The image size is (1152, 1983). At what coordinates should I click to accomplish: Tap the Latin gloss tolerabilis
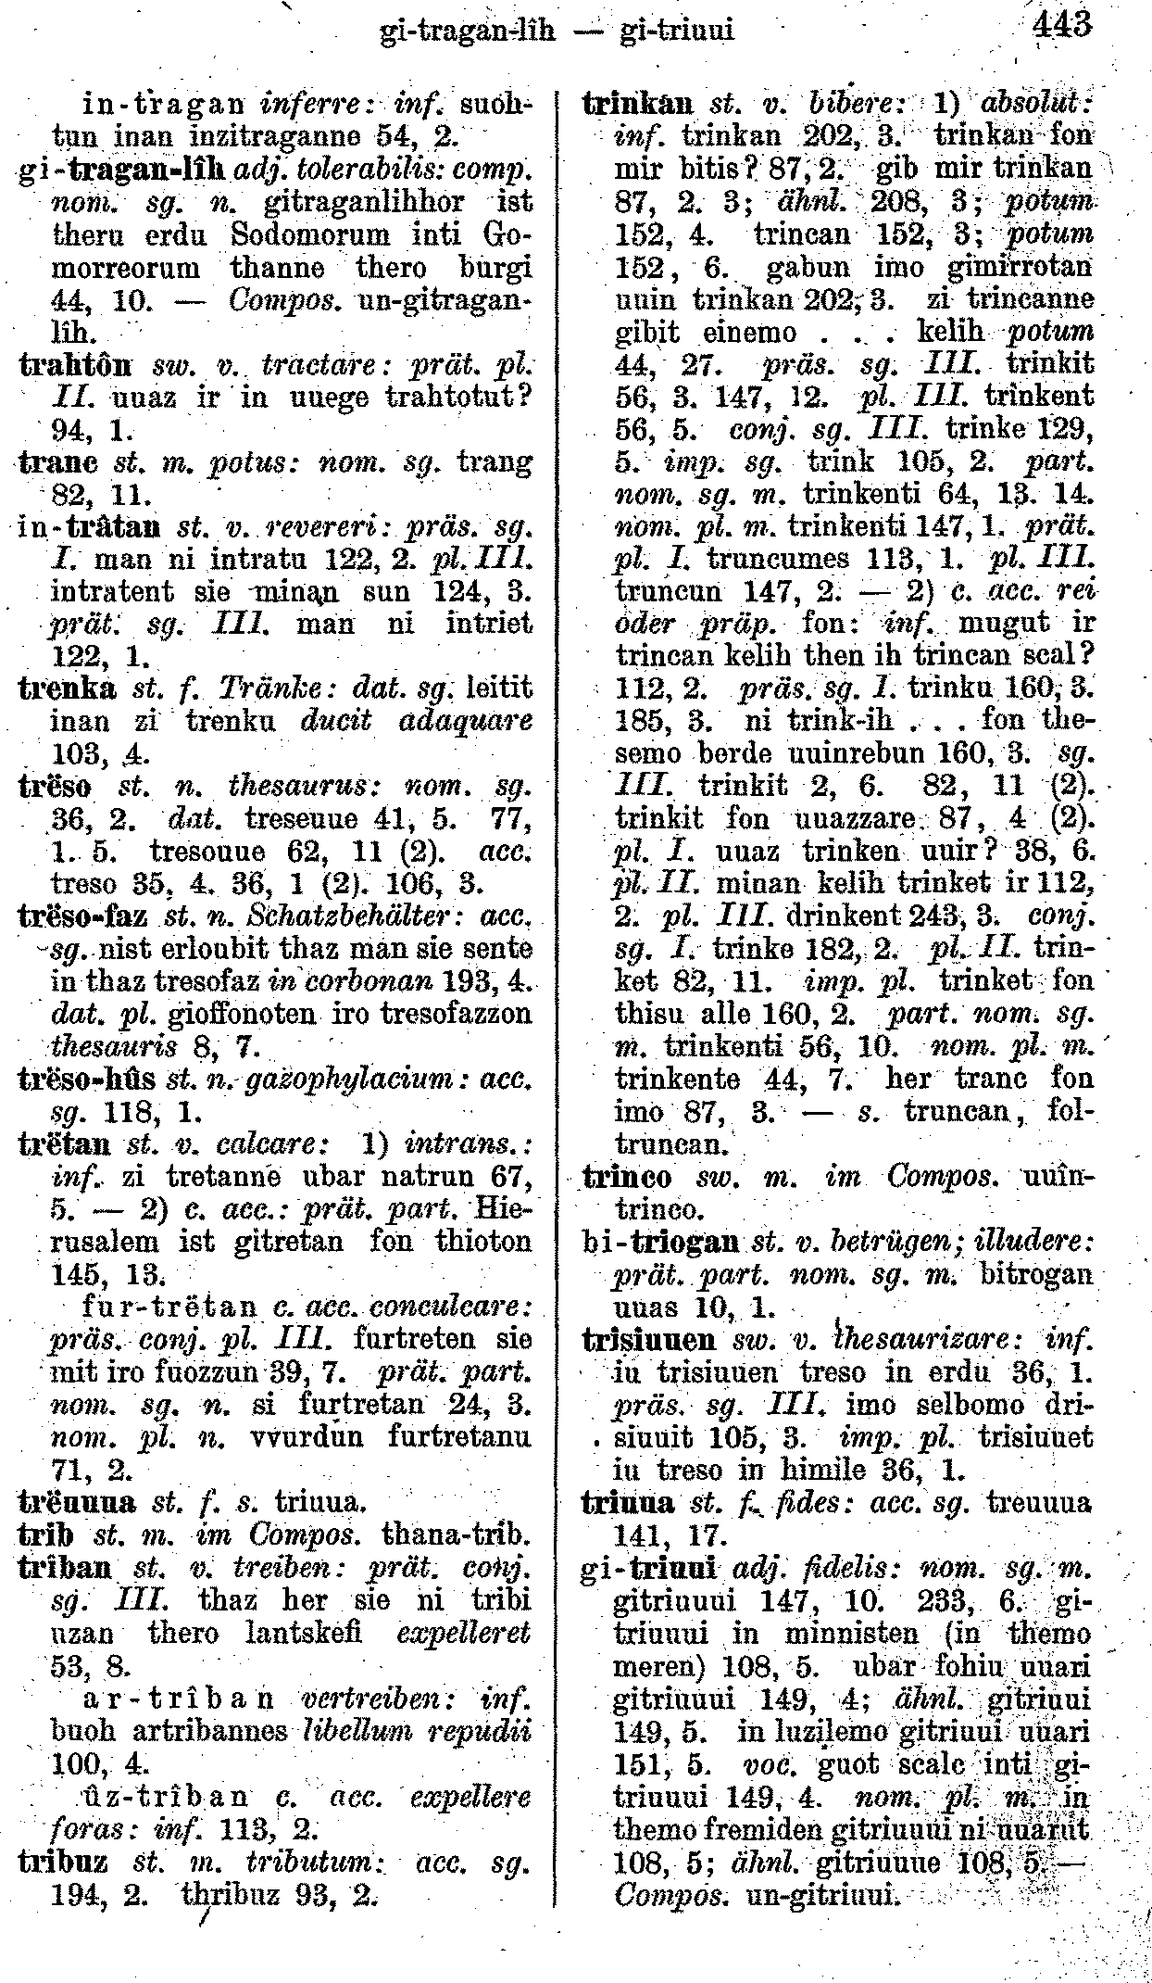coord(413,170)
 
